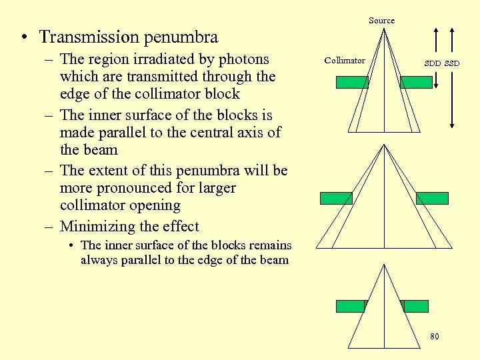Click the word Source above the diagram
[x=381, y=21]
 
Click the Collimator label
[x=345, y=61]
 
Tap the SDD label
[x=433, y=64]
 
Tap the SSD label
[x=452, y=64]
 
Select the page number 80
[x=434, y=337]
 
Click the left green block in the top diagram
[x=351, y=82]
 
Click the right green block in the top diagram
[x=416, y=82]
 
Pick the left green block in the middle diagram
[x=336, y=198]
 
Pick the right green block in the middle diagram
[x=432, y=198]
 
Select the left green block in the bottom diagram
[x=351, y=306]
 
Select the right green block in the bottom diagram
[x=416, y=306]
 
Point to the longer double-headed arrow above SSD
[x=453, y=77]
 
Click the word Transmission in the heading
[x=86, y=37]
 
